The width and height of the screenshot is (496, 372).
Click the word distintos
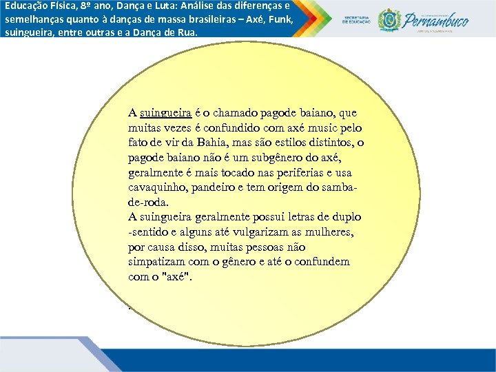[334, 143]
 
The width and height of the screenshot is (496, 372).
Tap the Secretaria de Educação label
[358, 19]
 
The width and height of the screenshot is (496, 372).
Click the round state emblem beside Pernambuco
[391, 19]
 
